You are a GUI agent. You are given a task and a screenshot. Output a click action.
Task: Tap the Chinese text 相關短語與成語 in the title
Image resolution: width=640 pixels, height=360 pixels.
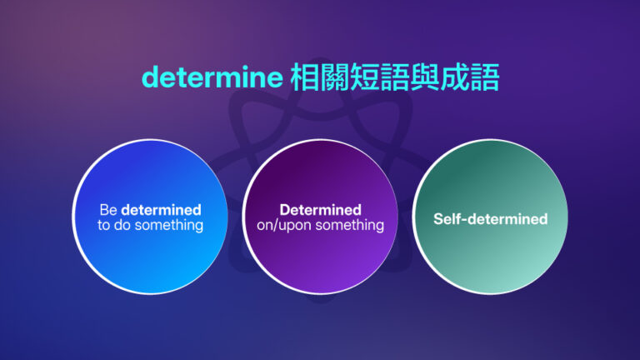394,78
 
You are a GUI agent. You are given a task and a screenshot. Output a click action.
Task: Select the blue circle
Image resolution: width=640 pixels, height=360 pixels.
150,217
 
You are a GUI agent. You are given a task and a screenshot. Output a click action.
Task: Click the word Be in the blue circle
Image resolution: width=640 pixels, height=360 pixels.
108,210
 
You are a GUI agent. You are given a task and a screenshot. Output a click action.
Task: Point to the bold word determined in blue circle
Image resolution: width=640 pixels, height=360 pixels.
161,210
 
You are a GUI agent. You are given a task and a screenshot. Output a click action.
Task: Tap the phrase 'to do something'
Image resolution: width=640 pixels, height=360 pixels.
150,226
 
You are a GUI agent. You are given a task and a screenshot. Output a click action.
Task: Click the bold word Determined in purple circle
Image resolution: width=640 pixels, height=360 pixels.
320,210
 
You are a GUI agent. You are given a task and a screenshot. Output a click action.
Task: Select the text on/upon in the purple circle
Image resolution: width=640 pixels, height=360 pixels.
283,226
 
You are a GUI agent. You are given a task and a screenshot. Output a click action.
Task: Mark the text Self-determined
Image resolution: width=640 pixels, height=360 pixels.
490,219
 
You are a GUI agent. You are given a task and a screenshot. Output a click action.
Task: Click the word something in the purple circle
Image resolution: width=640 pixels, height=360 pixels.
349,226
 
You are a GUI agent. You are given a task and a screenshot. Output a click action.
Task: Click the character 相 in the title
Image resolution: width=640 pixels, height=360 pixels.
304,78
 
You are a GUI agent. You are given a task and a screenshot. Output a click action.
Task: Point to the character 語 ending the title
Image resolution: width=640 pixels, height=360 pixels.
484,78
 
